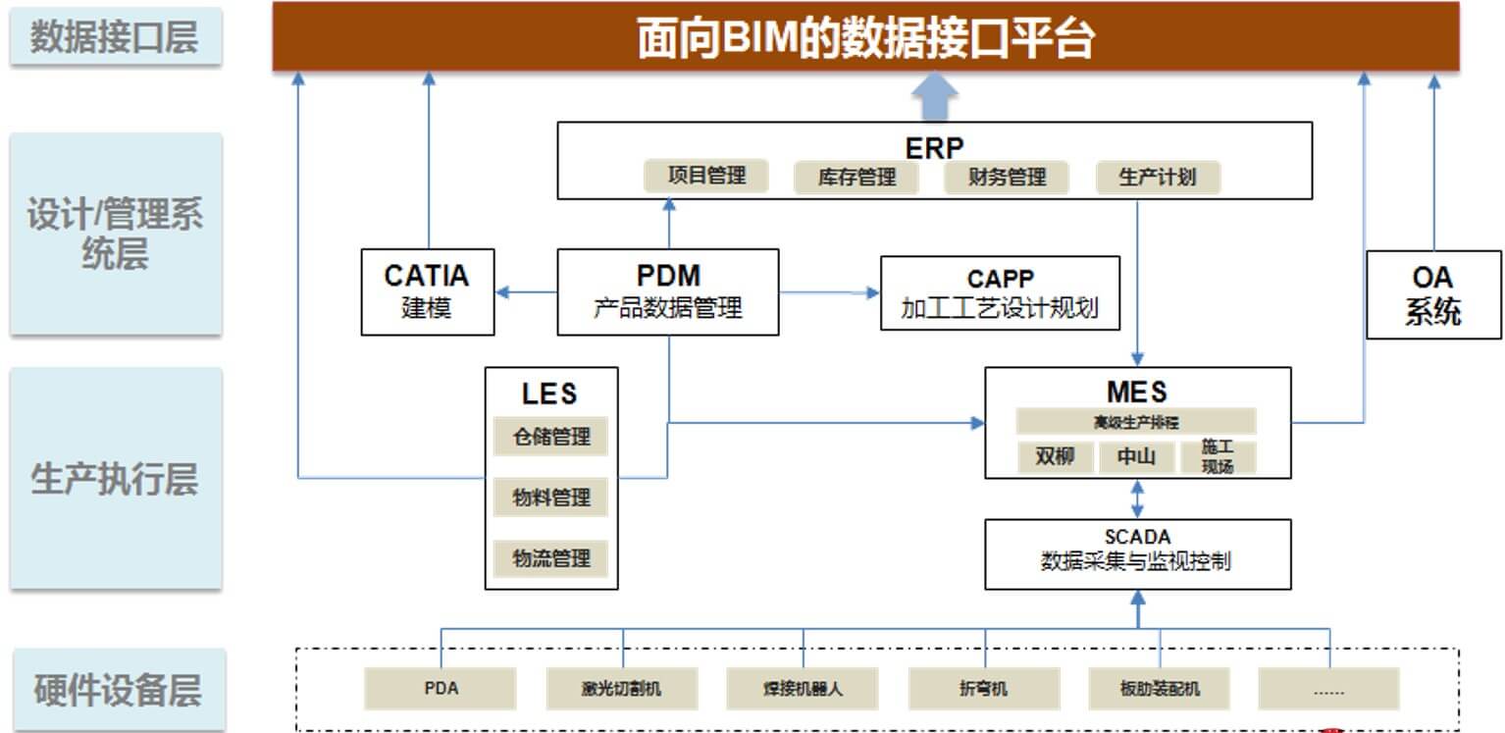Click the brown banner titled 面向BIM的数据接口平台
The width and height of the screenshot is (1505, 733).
click(x=865, y=37)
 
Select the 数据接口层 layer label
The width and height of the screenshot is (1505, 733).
click(x=116, y=37)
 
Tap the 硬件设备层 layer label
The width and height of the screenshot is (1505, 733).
click(x=116, y=690)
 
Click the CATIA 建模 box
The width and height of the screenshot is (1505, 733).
click(x=427, y=291)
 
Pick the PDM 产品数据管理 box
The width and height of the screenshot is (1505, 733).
click(x=667, y=291)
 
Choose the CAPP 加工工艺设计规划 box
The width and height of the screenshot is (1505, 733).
click(x=1000, y=293)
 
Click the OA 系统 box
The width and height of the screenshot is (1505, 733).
click(x=1433, y=294)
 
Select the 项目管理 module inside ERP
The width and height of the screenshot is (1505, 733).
click(x=706, y=176)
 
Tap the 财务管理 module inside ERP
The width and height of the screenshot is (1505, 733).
click(x=1007, y=178)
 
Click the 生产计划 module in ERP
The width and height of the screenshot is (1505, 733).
click(x=1158, y=178)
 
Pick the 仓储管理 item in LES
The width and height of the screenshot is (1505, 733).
click(x=550, y=437)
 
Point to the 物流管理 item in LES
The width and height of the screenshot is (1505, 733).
click(x=550, y=558)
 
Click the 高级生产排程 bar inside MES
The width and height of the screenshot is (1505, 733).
click(x=1136, y=422)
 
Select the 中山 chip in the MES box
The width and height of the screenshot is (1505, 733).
click(x=1136, y=457)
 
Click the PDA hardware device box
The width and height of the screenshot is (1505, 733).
click(x=441, y=689)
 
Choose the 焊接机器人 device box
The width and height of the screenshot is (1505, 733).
click(x=803, y=689)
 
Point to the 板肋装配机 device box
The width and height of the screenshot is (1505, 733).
click(x=1160, y=689)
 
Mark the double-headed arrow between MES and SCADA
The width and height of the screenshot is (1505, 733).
click(x=1137, y=498)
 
